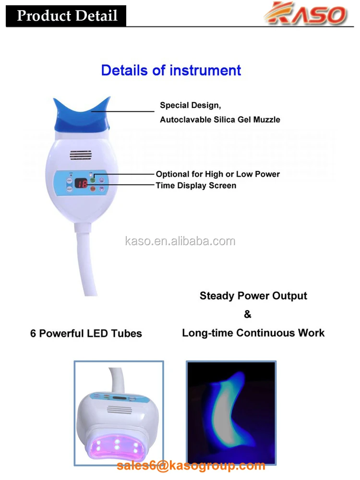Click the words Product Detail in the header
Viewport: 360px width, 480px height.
point(67,15)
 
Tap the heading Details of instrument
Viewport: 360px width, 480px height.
point(171,70)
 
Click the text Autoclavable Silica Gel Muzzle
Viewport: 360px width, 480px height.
point(220,119)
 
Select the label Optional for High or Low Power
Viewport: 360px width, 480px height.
point(217,174)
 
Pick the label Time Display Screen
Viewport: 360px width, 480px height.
point(196,185)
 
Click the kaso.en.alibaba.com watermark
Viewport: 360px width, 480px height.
point(180,241)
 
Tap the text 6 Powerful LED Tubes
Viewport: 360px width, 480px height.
point(86,333)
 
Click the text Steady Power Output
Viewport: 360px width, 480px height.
point(253,296)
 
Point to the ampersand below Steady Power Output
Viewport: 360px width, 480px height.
point(248,314)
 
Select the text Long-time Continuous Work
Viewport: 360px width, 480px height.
point(253,333)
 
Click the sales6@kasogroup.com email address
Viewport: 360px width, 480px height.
point(191,465)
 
